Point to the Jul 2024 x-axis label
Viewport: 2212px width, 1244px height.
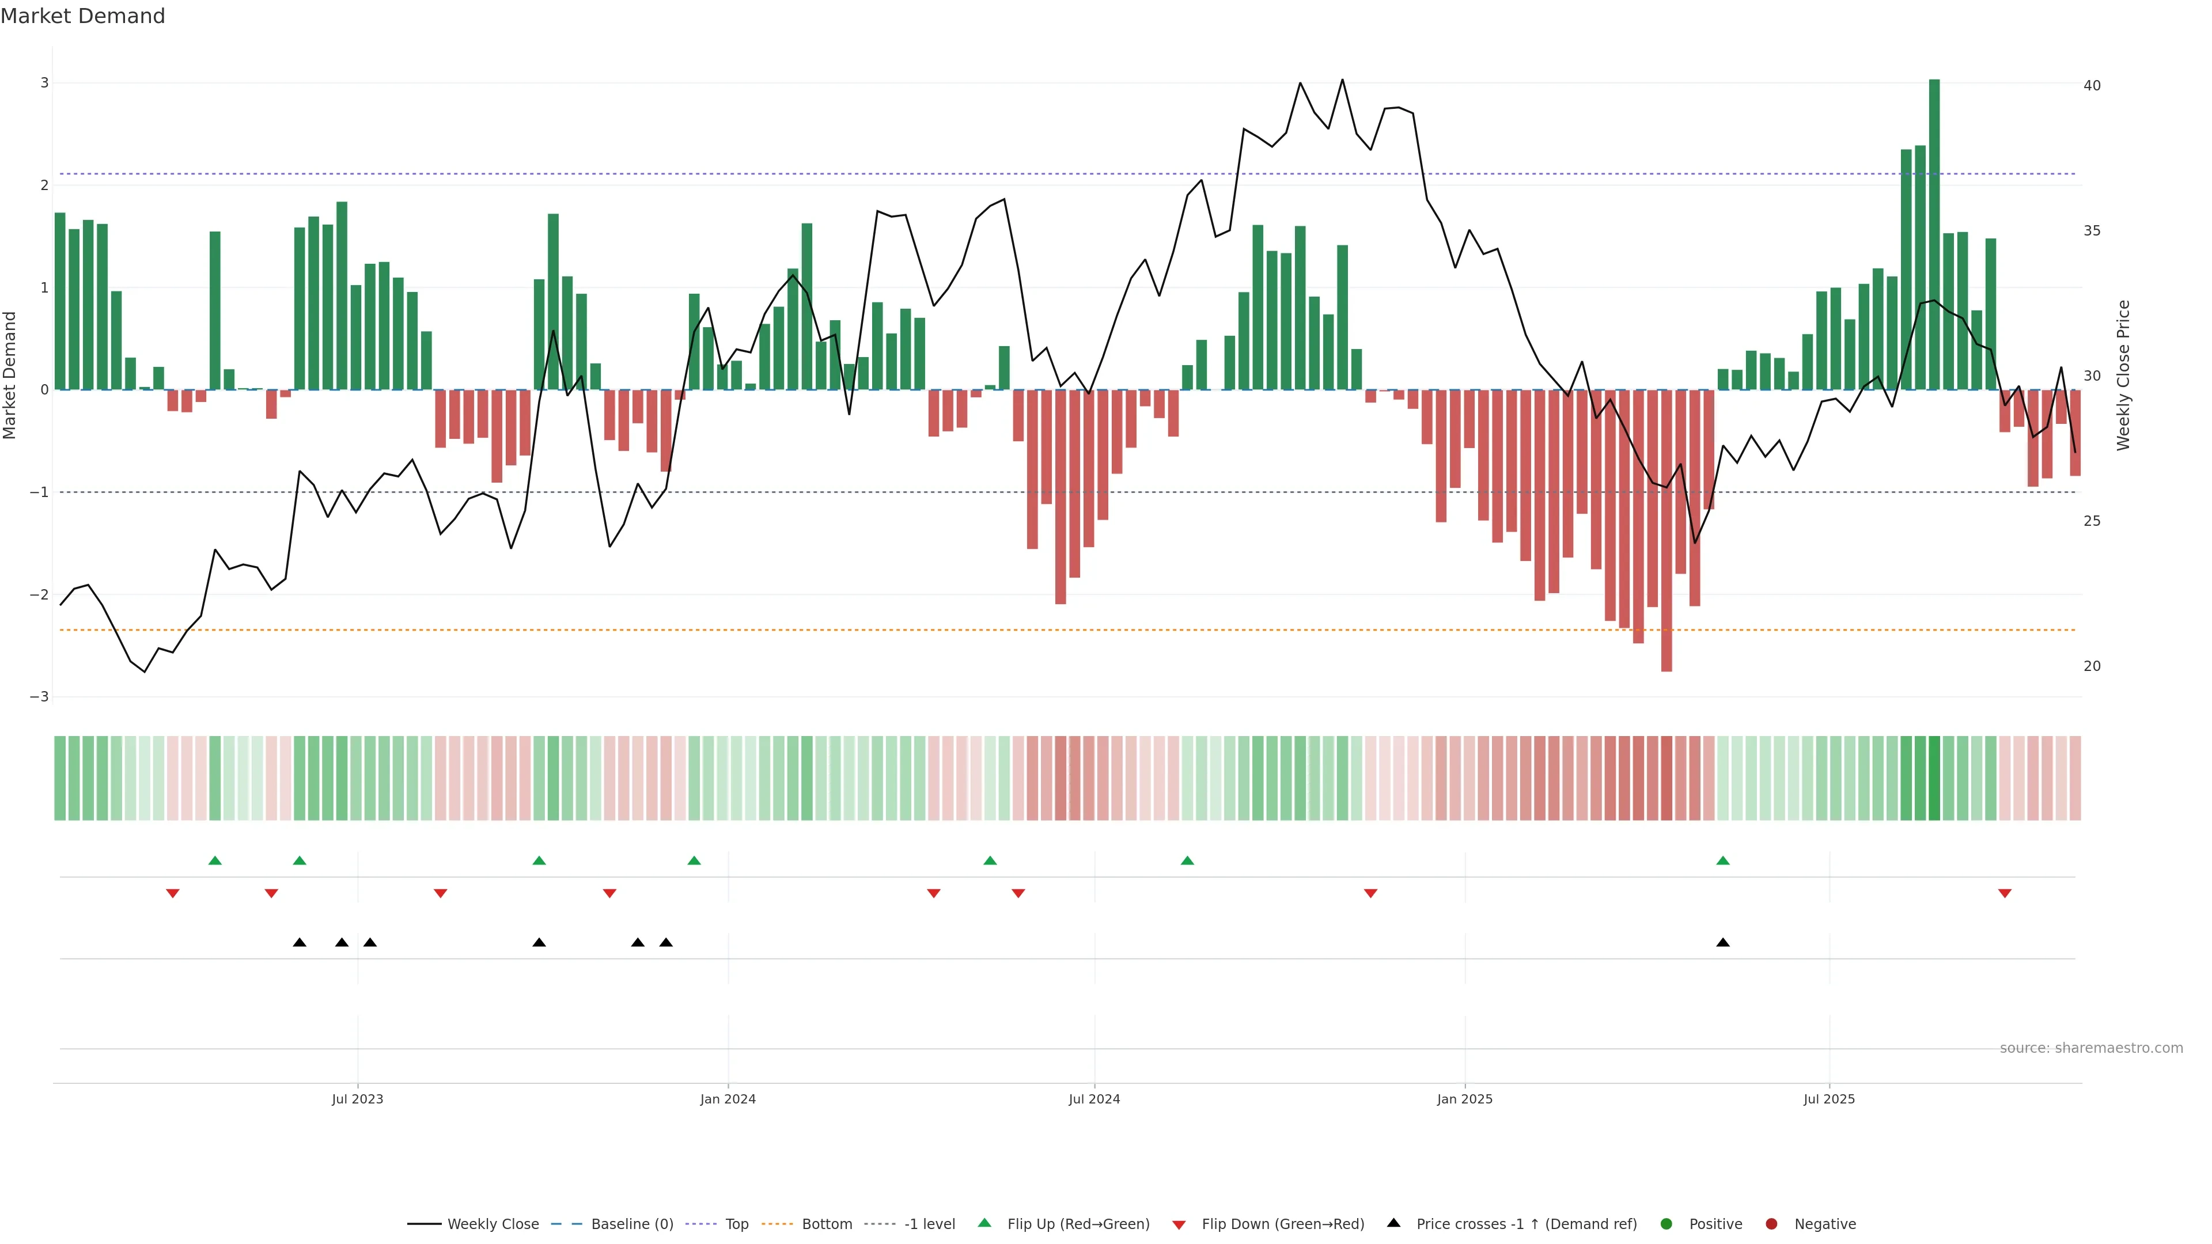coord(1094,1099)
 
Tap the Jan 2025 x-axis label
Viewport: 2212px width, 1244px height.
coord(1464,1099)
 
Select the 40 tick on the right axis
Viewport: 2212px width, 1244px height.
coord(2092,86)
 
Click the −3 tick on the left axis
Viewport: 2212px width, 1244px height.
coord(40,696)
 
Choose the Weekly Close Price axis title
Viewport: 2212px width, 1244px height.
coord(2123,375)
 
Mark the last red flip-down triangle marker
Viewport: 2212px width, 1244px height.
coord(2004,894)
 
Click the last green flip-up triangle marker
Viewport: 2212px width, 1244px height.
coord(1722,860)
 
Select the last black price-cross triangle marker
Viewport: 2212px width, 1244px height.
coord(1722,943)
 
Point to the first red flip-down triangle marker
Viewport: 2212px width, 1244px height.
coord(173,894)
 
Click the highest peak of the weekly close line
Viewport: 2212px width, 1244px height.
coord(1342,80)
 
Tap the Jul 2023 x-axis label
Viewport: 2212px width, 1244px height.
coord(357,1099)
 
